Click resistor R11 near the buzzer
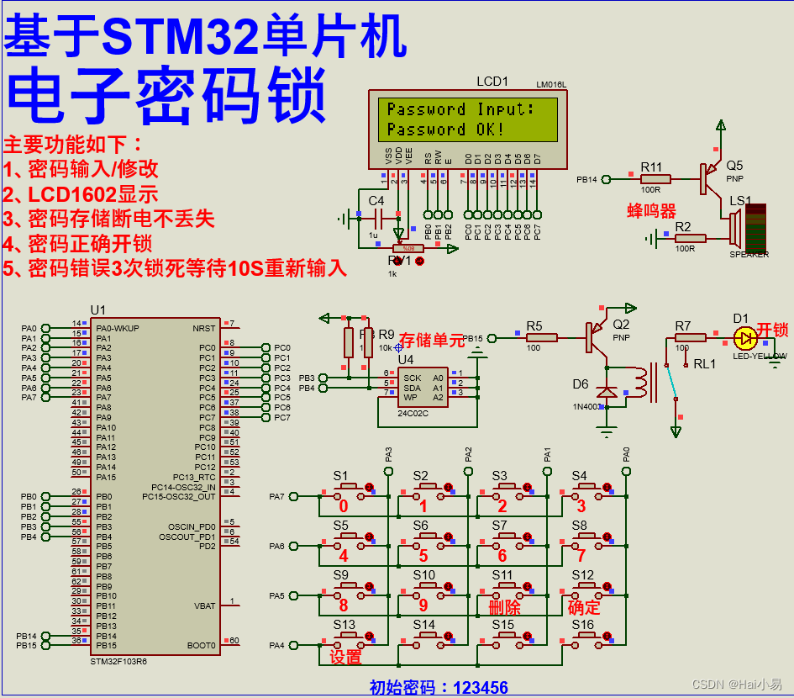tap(655, 178)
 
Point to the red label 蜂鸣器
tap(651, 210)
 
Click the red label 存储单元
tap(430, 341)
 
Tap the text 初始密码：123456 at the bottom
tap(439, 688)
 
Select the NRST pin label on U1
tap(203, 328)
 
